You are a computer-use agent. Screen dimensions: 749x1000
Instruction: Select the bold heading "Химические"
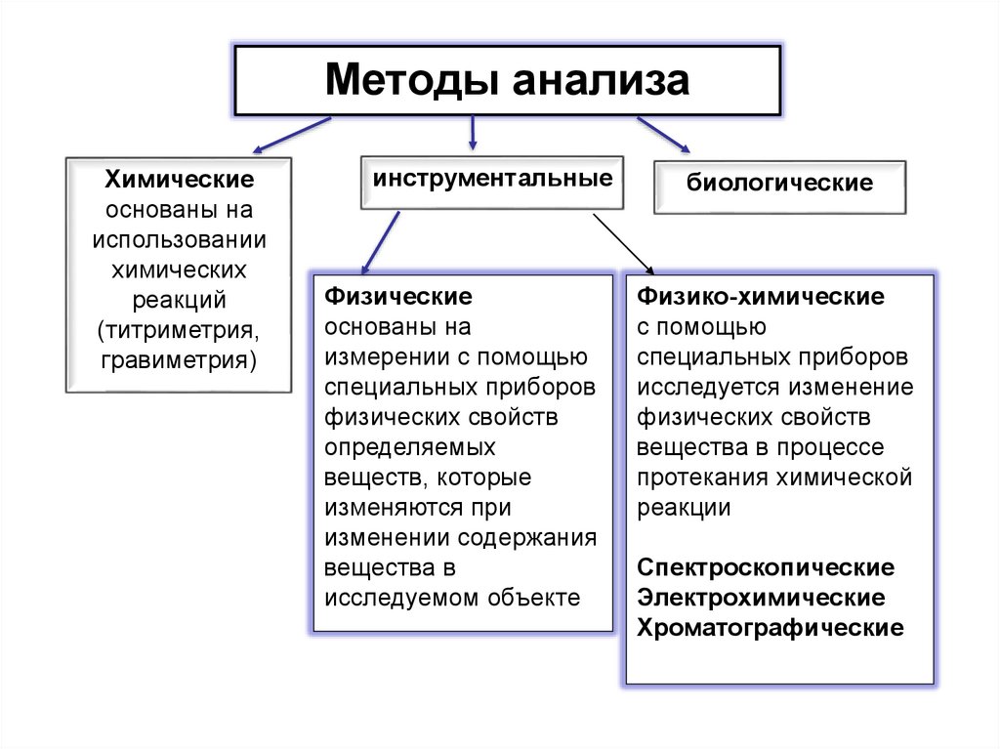click(180, 180)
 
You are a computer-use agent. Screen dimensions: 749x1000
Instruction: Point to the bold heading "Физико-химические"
click(761, 296)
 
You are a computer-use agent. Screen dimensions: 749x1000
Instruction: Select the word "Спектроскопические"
click(766, 567)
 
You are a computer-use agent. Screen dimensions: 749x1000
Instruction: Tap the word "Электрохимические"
click(762, 597)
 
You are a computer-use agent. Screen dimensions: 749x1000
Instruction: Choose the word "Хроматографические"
click(771, 627)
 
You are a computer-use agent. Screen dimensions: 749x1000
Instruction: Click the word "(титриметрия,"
click(180, 329)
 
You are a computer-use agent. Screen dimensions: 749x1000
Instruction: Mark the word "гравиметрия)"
click(180, 358)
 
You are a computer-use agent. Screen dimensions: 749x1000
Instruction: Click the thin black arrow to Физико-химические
click(623, 244)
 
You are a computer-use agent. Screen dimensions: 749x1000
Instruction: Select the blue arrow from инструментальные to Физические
click(381, 243)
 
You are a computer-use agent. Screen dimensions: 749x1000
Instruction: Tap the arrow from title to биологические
click(664, 135)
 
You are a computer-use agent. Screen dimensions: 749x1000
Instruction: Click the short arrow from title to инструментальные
click(473, 131)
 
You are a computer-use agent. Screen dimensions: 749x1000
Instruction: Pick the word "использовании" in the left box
click(180, 239)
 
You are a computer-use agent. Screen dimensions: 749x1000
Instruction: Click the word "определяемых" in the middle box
click(410, 447)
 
